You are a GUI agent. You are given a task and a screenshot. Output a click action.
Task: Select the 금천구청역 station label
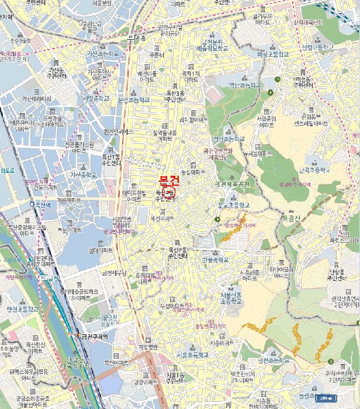pyautogui.click(x=95, y=336)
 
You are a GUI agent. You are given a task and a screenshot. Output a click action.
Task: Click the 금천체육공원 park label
pyautogui.click(x=232, y=184)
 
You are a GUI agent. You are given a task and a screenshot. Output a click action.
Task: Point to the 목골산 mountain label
pyautogui.click(x=291, y=218)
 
